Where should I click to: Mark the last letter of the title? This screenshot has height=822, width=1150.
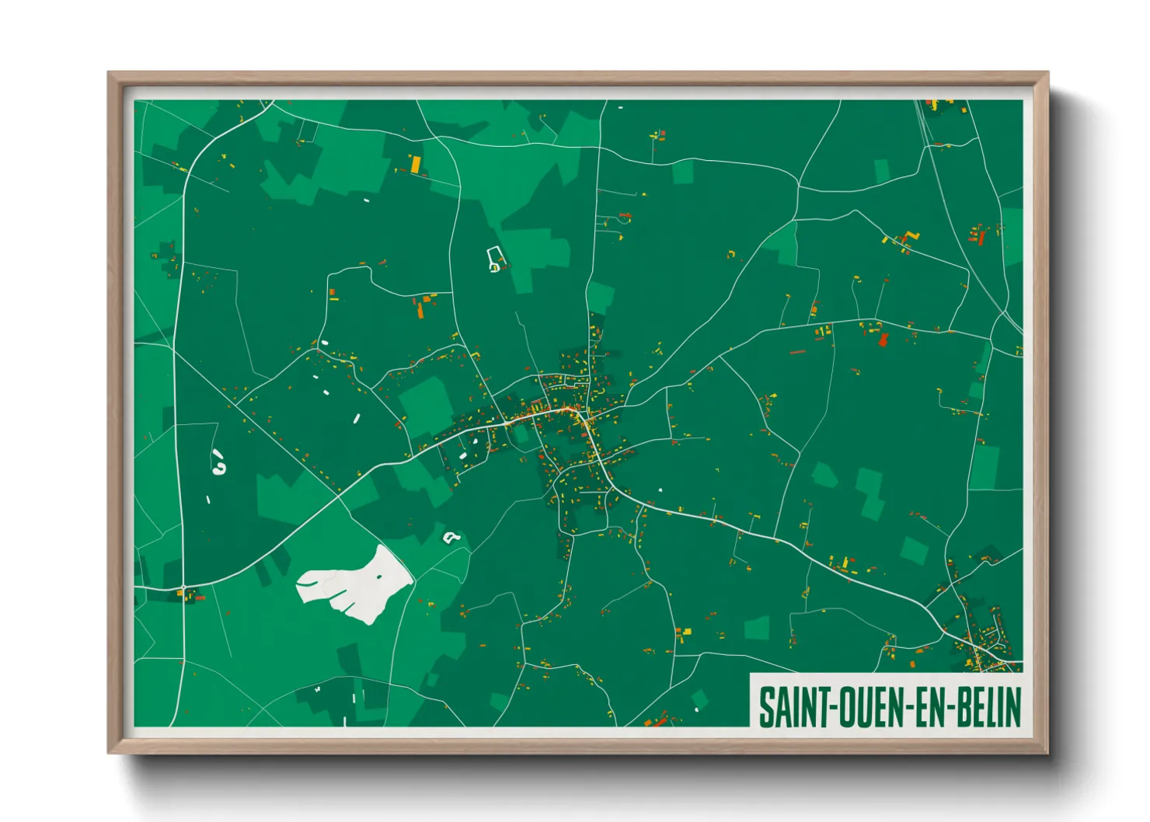tap(1013, 706)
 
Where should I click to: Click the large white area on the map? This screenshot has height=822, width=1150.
tap(354, 583)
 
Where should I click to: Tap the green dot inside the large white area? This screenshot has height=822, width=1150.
tap(379, 576)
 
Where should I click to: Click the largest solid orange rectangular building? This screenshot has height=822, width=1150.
tap(416, 165)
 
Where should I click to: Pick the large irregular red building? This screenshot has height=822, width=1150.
tap(883, 340)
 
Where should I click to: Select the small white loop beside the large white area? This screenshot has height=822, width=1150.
tap(450, 536)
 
